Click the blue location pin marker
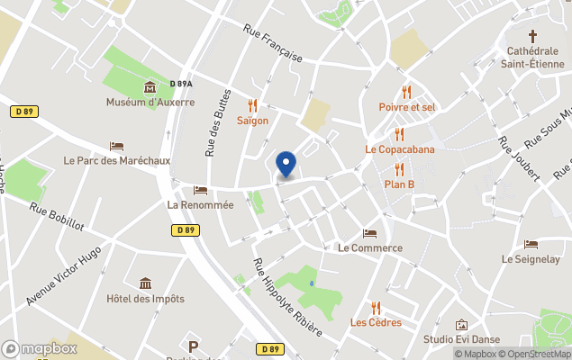(x=286, y=164)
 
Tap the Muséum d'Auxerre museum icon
(x=150, y=87)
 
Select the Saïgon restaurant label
(x=252, y=121)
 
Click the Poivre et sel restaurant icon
(x=407, y=92)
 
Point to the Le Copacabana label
(x=399, y=149)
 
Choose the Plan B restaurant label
(x=399, y=184)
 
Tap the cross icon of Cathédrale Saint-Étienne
(x=532, y=36)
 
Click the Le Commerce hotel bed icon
(x=369, y=233)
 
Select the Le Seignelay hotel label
(x=531, y=259)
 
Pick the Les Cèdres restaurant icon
(x=376, y=308)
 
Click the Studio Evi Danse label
(x=461, y=340)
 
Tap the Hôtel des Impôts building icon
(x=145, y=284)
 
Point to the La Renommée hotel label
(x=200, y=205)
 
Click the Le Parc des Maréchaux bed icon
(x=116, y=146)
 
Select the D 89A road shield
(x=181, y=84)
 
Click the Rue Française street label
(x=271, y=42)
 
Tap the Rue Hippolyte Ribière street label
(x=286, y=297)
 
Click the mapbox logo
(x=40, y=348)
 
